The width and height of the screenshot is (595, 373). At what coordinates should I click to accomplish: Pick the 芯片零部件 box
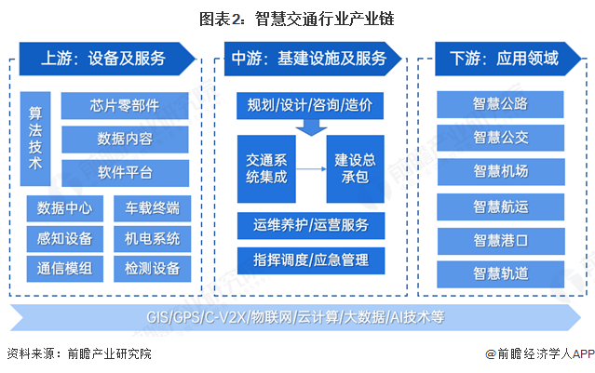tap(125, 105)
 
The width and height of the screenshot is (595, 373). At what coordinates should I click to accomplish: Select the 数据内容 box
tap(125, 139)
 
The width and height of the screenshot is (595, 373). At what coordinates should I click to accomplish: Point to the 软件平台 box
tap(125, 172)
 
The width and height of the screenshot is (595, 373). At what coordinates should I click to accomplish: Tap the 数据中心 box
tap(59, 206)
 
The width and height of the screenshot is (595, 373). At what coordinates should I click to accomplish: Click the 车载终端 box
tap(152, 206)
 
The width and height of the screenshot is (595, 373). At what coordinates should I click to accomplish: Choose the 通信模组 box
tap(59, 269)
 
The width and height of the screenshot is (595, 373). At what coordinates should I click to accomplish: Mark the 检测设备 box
tap(152, 269)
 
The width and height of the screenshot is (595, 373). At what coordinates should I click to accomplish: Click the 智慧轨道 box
tap(500, 273)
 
